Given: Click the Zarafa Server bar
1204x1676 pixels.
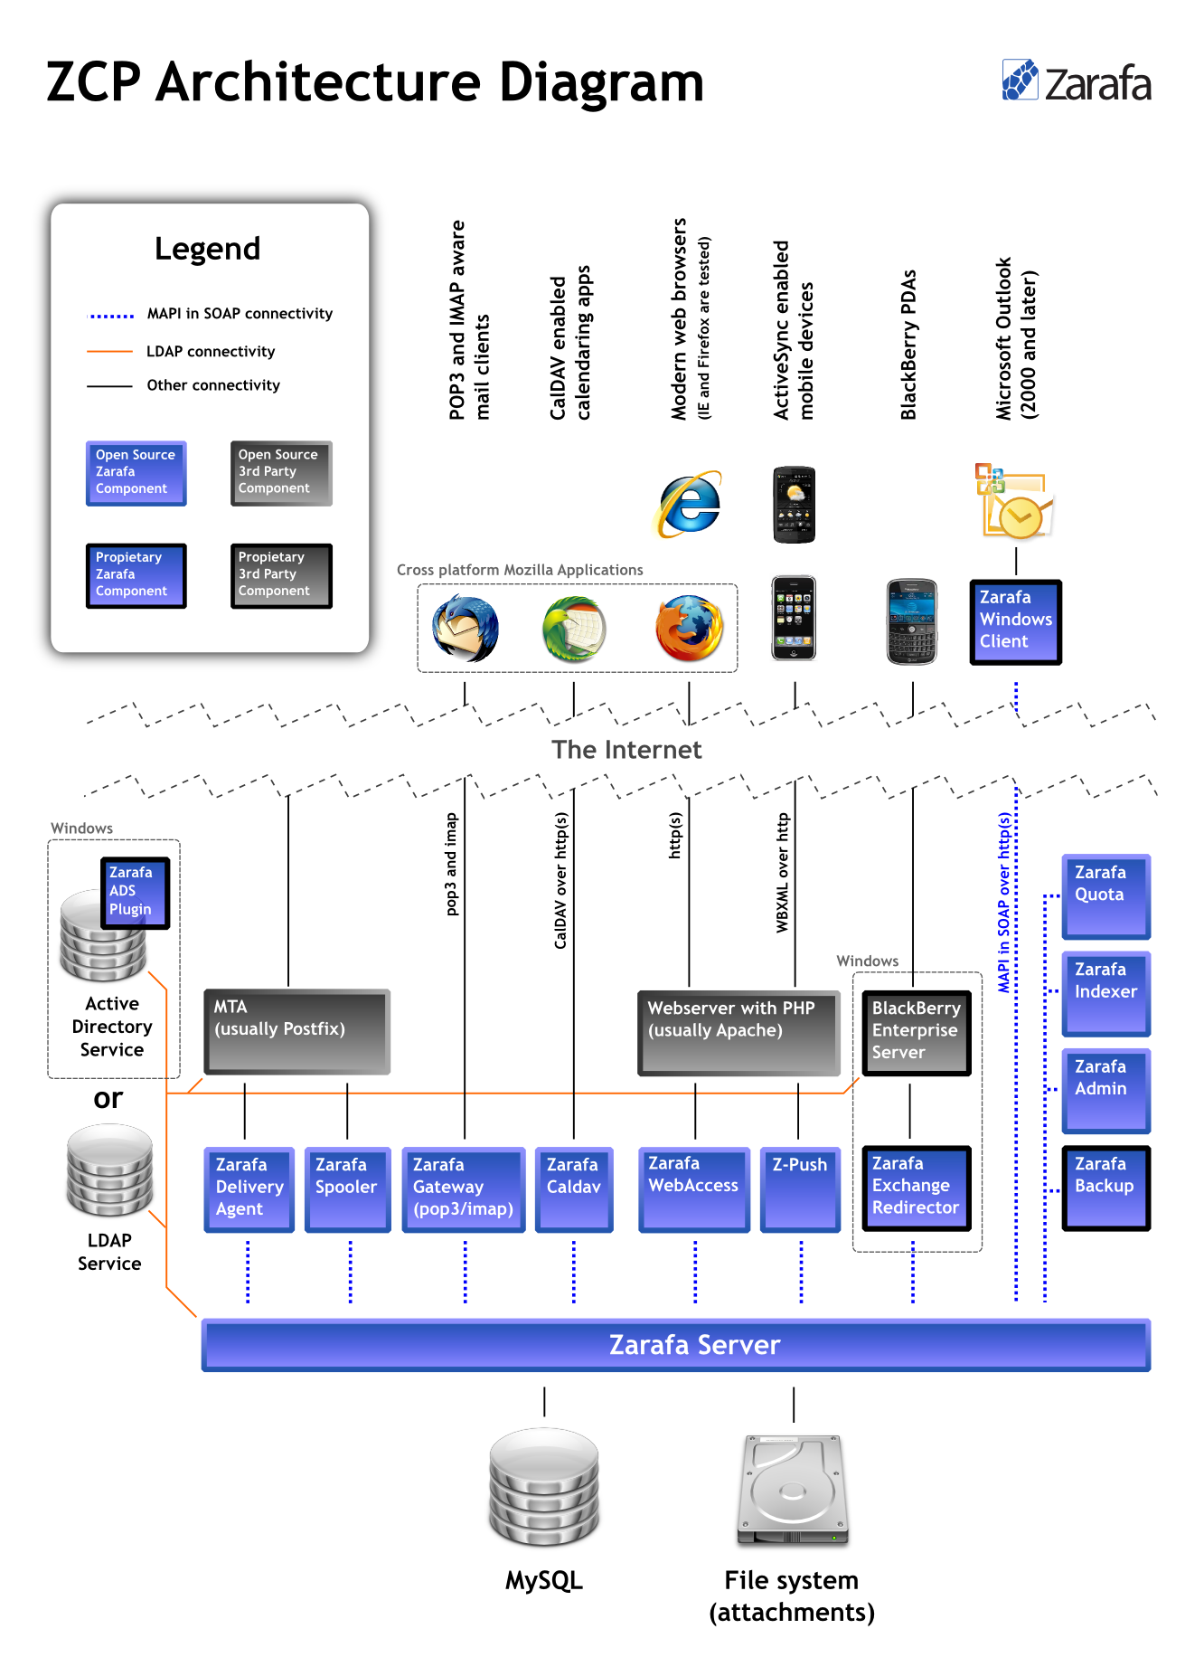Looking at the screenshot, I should (675, 1345).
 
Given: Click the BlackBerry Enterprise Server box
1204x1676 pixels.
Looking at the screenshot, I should (916, 1032).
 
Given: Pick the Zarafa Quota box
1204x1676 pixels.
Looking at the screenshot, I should (1105, 895).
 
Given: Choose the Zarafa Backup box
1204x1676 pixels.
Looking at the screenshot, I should (1105, 1188).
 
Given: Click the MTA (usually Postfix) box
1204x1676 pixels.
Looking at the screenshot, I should (297, 1031).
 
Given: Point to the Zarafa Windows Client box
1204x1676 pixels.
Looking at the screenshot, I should (1015, 622).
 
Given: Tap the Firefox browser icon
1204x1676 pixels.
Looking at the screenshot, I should (690, 628).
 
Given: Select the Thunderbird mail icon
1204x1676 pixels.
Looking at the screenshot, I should (466, 628).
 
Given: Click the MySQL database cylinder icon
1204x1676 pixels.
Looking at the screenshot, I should (544, 1486).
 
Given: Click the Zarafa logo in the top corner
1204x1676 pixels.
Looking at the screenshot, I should (1076, 82).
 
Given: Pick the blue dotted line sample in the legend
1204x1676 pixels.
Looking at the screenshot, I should (110, 316).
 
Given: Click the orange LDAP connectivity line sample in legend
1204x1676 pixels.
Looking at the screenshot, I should (109, 351).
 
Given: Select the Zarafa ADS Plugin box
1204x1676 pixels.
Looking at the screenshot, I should (135, 893).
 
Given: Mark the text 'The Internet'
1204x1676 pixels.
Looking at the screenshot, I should (626, 750).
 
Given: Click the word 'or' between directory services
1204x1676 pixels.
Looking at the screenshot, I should (108, 1099).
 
